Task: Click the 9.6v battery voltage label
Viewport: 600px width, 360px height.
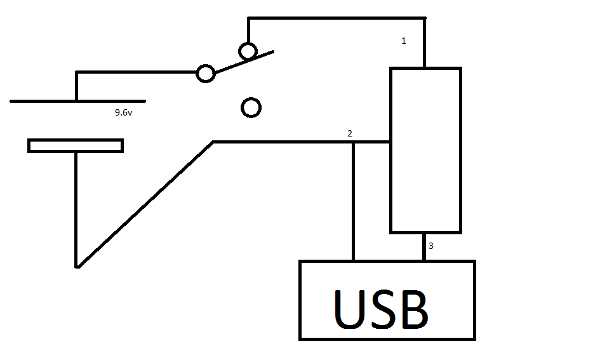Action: click(123, 112)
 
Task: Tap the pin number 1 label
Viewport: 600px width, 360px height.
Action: click(403, 41)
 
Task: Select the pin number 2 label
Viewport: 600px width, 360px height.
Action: click(349, 133)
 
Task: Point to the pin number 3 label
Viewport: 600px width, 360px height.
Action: click(431, 246)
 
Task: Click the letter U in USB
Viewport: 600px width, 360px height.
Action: click(351, 309)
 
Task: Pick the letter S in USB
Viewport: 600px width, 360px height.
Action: click(385, 309)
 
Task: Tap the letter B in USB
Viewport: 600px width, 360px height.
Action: click(414, 309)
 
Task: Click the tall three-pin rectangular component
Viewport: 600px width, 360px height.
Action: click(425, 150)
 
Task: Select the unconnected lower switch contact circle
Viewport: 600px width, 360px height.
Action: click(251, 108)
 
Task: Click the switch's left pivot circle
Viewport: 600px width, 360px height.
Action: click(205, 73)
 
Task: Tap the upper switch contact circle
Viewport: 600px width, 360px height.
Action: click(248, 50)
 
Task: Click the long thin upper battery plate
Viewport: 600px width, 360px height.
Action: click(77, 101)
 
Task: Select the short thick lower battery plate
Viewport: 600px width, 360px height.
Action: click(75, 145)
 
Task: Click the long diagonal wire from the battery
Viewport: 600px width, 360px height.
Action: click(145, 204)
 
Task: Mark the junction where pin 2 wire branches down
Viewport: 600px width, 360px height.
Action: click(354, 142)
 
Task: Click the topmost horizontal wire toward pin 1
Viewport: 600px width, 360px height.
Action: click(337, 18)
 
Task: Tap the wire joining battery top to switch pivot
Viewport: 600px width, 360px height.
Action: click(137, 72)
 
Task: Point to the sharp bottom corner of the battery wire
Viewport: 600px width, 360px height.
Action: click(77, 266)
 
